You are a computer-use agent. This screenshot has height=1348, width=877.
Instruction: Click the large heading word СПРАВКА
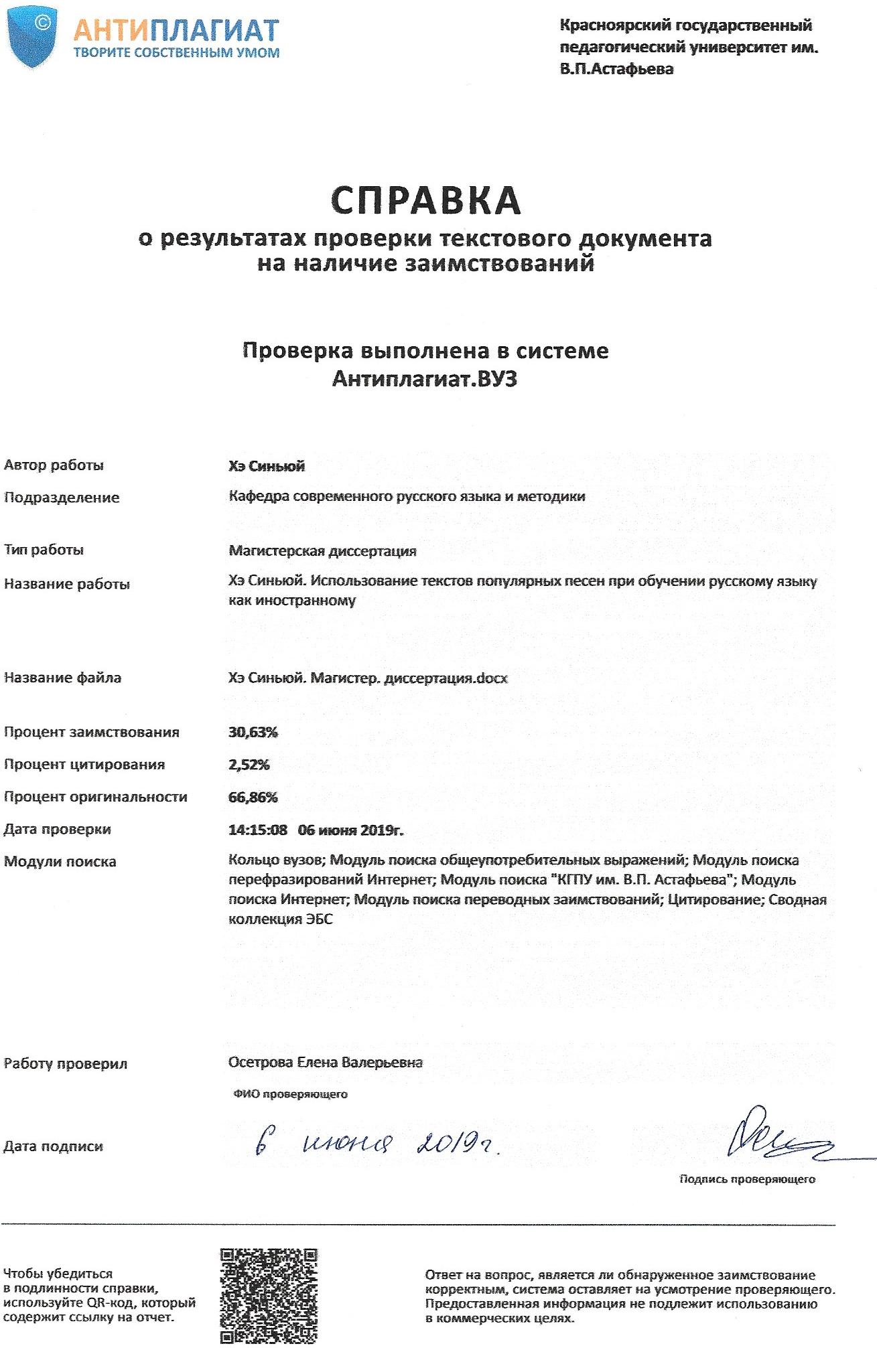click(x=425, y=199)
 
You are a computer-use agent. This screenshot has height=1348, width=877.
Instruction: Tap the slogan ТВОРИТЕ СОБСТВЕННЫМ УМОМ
click(x=176, y=53)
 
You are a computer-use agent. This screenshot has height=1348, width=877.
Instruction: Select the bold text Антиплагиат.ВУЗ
click(x=425, y=379)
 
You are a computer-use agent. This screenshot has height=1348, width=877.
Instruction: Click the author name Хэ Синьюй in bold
click(x=266, y=466)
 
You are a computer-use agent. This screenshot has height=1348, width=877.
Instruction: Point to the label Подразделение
click(x=62, y=498)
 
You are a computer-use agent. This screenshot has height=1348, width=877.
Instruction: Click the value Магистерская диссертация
click(x=322, y=551)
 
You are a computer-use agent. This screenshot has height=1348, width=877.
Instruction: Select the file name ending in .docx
click(x=368, y=678)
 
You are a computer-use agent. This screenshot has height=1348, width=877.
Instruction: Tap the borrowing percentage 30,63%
click(x=253, y=732)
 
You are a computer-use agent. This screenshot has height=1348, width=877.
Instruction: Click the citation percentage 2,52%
click(x=249, y=764)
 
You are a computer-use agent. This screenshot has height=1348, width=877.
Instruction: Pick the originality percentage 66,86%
click(x=253, y=797)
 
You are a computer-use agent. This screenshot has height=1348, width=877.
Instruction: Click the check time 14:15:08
click(x=258, y=830)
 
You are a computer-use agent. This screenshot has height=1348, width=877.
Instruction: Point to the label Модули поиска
click(x=60, y=862)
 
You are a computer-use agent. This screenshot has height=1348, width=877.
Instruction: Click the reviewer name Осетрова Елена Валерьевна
click(x=326, y=1062)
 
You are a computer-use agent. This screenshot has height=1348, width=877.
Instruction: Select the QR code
click(x=268, y=1295)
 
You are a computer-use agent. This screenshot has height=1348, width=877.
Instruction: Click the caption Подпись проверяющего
click(x=747, y=1179)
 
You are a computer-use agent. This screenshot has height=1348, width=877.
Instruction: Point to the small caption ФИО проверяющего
click(x=291, y=1094)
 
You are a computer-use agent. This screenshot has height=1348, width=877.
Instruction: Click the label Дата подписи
click(x=54, y=1146)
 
